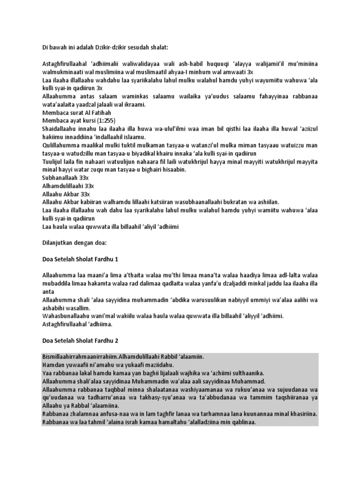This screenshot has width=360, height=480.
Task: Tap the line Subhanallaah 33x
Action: tap(66, 178)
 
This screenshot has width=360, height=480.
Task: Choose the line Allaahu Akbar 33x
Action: tap(66, 194)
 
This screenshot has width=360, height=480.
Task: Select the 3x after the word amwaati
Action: tap(250, 73)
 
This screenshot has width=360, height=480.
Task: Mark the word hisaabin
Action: tap(174, 170)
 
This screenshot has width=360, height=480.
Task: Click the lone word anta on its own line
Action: tap(48, 292)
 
